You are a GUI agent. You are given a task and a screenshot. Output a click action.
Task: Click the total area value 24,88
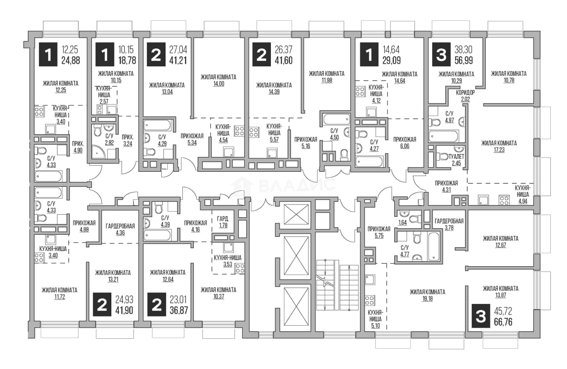pyautogui.click(x=71, y=61)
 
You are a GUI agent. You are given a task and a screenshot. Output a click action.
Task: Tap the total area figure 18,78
pyautogui.click(x=127, y=61)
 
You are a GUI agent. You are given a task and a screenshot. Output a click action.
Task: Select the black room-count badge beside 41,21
pyautogui.click(x=156, y=54)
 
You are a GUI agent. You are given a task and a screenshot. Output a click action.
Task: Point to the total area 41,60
pyautogui.click(x=283, y=61)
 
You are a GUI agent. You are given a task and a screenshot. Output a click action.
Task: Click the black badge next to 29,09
pyautogui.click(x=369, y=54)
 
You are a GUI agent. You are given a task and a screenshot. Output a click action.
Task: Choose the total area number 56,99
pyautogui.click(x=464, y=61)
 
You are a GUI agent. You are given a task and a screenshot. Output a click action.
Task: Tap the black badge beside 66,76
pyautogui.click(x=481, y=317)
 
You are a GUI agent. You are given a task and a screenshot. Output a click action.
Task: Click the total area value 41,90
pyautogui.click(x=124, y=310)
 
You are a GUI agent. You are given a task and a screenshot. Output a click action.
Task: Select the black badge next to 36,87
pyautogui.click(x=157, y=305)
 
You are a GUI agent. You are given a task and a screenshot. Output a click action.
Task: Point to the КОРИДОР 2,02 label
pyautogui.click(x=465, y=96)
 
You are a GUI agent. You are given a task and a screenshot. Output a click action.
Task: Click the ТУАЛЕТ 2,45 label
pyautogui.click(x=456, y=160)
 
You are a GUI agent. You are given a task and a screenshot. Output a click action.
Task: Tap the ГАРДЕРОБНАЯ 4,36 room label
pyautogui.click(x=120, y=229)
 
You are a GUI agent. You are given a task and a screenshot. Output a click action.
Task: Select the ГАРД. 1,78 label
pyautogui.click(x=223, y=222)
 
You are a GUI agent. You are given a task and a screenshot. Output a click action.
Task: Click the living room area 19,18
pyautogui.click(x=427, y=298)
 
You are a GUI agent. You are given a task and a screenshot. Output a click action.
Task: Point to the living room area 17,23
pyautogui.click(x=499, y=150)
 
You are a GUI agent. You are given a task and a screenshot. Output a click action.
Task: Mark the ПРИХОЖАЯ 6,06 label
pyautogui.click(x=405, y=143)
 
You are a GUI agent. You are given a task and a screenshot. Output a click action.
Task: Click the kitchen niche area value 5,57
pyautogui.click(x=274, y=139)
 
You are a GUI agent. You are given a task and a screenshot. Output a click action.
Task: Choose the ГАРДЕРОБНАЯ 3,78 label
pyautogui.click(x=449, y=224)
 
